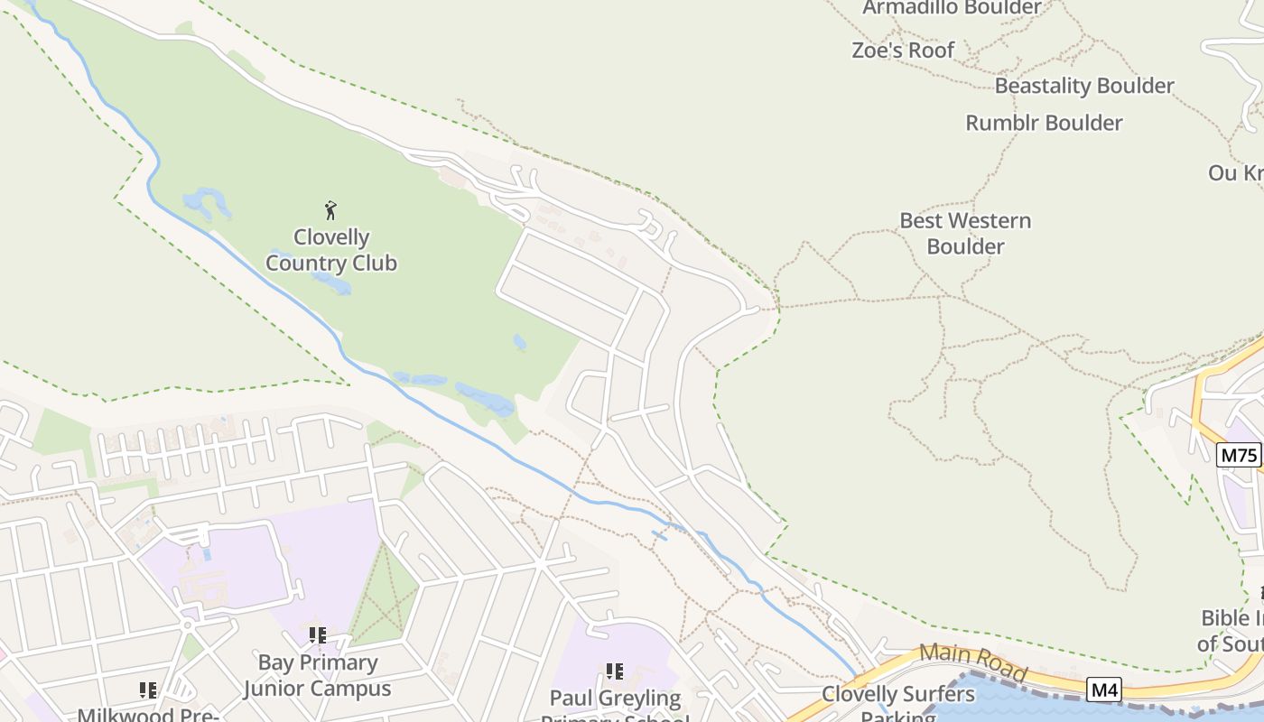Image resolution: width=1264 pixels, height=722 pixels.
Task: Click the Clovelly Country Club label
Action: coord(331,250)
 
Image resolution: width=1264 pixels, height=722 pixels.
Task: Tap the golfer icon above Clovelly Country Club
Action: coord(331,210)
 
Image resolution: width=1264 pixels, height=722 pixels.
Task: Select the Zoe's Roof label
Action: coord(903,51)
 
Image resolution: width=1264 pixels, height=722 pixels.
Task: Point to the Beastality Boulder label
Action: coord(1084,86)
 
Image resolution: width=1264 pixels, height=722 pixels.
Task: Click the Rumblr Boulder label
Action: coord(1044,123)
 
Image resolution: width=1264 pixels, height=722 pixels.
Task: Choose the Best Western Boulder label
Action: coord(965,233)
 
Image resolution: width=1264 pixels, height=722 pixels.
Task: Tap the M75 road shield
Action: coord(1238,455)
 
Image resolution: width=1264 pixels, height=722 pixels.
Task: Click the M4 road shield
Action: coord(1104,690)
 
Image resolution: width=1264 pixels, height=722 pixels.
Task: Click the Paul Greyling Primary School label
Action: coord(615,706)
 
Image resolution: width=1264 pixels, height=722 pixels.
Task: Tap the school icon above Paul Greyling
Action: coord(615,671)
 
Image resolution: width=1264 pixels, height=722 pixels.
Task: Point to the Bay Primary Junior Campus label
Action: coord(317,675)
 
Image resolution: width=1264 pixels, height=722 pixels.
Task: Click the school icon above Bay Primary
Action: coord(317,635)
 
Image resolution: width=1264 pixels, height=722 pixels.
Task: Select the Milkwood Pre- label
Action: coord(148,714)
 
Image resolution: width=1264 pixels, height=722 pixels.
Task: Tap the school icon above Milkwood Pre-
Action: coord(148,690)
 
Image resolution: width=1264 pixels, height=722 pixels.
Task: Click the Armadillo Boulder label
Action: coord(952,8)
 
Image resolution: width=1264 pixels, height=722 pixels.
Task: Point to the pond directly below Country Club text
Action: coord(332,283)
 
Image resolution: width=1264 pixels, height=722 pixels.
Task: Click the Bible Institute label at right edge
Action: coord(1232,631)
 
